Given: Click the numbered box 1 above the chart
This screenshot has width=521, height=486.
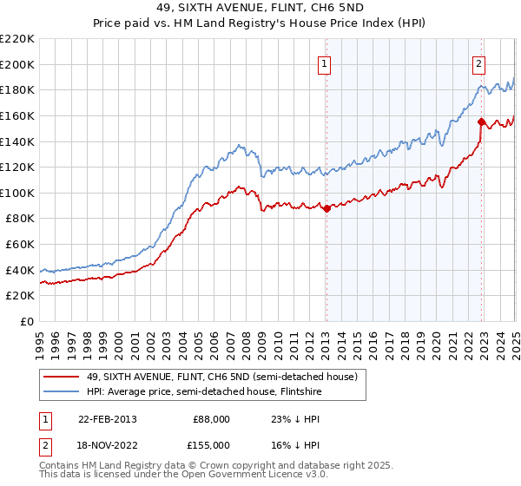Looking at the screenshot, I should tap(324, 62).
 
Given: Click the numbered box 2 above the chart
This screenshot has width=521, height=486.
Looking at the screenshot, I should tap(479, 62).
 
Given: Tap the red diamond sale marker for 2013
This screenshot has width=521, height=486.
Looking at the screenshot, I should tap(326, 208).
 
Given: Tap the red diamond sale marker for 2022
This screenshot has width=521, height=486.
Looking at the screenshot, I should tap(481, 121).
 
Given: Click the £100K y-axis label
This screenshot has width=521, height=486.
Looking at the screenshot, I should tap(18, 193).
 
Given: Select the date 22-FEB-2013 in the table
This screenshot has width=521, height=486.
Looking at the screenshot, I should tap(107, 419).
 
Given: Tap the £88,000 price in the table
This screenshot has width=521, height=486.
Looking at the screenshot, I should tap(212, 419).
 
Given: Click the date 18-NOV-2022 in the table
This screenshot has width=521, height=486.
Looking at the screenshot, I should tap(108, 445).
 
